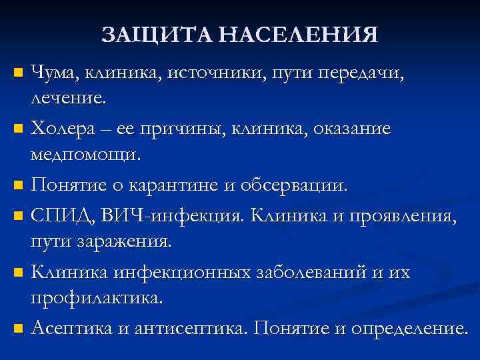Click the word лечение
(x=66, y=99)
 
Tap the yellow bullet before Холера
(x=18, y=127)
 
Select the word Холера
(x=65, y=127)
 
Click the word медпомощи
(x=85, y=155)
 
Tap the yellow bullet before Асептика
(x=18, y=328)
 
